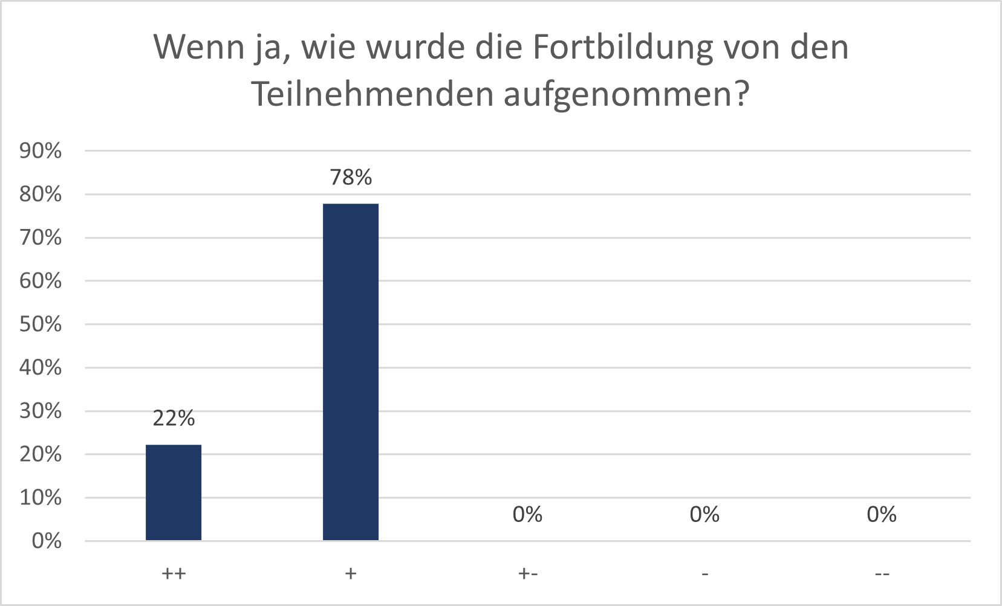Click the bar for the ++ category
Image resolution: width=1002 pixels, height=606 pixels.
tap(174, 492)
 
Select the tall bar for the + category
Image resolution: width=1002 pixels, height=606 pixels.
tap(351, 372)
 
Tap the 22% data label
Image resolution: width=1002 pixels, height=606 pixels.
tap(174, 418)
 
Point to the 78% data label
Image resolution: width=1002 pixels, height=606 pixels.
tap(351, 177)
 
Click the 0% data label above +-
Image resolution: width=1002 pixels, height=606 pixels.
tap(527, 514)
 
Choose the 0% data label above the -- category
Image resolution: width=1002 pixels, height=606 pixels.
tap(881, 514)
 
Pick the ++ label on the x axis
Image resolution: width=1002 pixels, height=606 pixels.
tap(174, 573)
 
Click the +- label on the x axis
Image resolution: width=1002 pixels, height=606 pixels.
tap(528, 573)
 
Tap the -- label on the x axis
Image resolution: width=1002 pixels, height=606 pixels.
tap(882, 573)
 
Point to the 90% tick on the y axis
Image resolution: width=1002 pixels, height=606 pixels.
tap(41, 151)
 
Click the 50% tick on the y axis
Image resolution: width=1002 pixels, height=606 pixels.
tap(41, 324)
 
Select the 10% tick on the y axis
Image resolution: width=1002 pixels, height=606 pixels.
tap(41, 498)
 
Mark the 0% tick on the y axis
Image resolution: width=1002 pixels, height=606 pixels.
tap(47, 541)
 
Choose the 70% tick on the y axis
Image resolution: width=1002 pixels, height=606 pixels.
tap(41, 237)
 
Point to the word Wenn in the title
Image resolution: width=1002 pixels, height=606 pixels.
tap(198, 47)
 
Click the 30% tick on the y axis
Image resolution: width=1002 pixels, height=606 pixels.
tap(41, 411)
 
